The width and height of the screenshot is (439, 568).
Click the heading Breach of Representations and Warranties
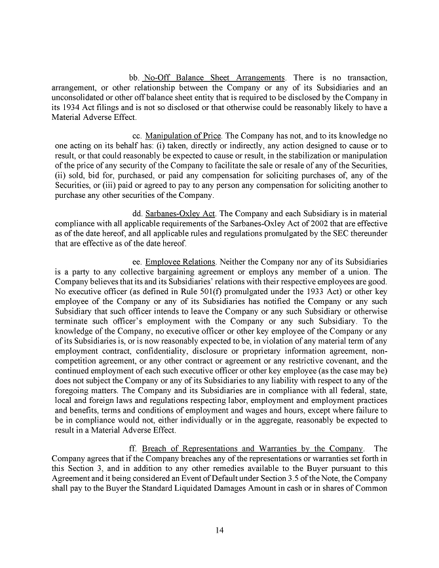point(253,448)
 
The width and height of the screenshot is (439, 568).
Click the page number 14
point(220,530)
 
